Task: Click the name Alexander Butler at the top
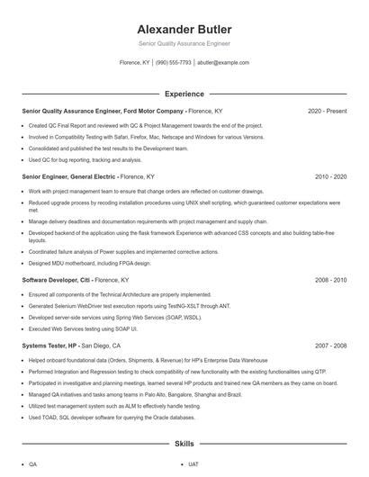(x=184, y=29)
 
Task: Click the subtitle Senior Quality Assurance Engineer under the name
(x=184, y=43)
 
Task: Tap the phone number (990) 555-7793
(x=174, y=63)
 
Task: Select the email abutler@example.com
(x=222, y=63)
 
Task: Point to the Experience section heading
(x=184, y=94)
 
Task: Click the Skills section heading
(x=184, y=445)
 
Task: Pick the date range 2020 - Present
(x=327, y=111)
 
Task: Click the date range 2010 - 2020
(x=330, y=177)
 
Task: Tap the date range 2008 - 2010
(x=330, y=280)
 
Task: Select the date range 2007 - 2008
(x=330, y=346)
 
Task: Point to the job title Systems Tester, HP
(x=49, y=346)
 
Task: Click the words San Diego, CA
(x=101, y=346)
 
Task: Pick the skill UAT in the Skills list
(x=193, y=464)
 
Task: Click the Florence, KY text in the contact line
(x=135, y=63)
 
